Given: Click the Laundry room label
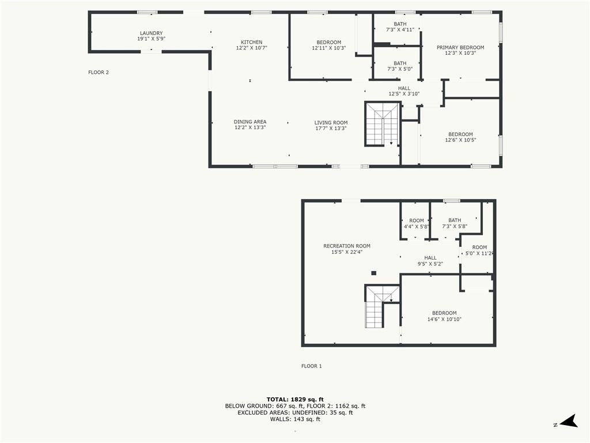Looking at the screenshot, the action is point(152,36).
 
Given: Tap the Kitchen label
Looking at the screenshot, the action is point(251,45).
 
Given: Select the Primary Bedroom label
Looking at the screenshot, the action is point(460,50).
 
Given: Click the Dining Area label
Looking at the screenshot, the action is point(250,125).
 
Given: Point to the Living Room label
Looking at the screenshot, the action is point(331,125).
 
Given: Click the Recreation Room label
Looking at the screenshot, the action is point(346,249).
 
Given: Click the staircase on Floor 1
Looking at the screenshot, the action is point(381,306).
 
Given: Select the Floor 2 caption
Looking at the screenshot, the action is point(99,72).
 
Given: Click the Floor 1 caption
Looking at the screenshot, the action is point(312,366).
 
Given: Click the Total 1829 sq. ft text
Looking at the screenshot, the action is point(295,399).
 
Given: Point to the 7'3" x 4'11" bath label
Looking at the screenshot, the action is point(400,27).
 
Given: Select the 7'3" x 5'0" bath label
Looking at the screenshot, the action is point(400,66).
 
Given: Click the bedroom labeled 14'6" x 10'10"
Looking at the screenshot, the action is point(444,316).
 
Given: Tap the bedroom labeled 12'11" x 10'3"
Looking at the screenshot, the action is point(328,45).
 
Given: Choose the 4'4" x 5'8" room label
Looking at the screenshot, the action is point(416,223).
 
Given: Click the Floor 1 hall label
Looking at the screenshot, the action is point(430,261).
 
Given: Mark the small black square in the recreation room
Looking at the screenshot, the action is point(373,273).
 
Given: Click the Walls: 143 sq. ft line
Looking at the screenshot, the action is point(295,419).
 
